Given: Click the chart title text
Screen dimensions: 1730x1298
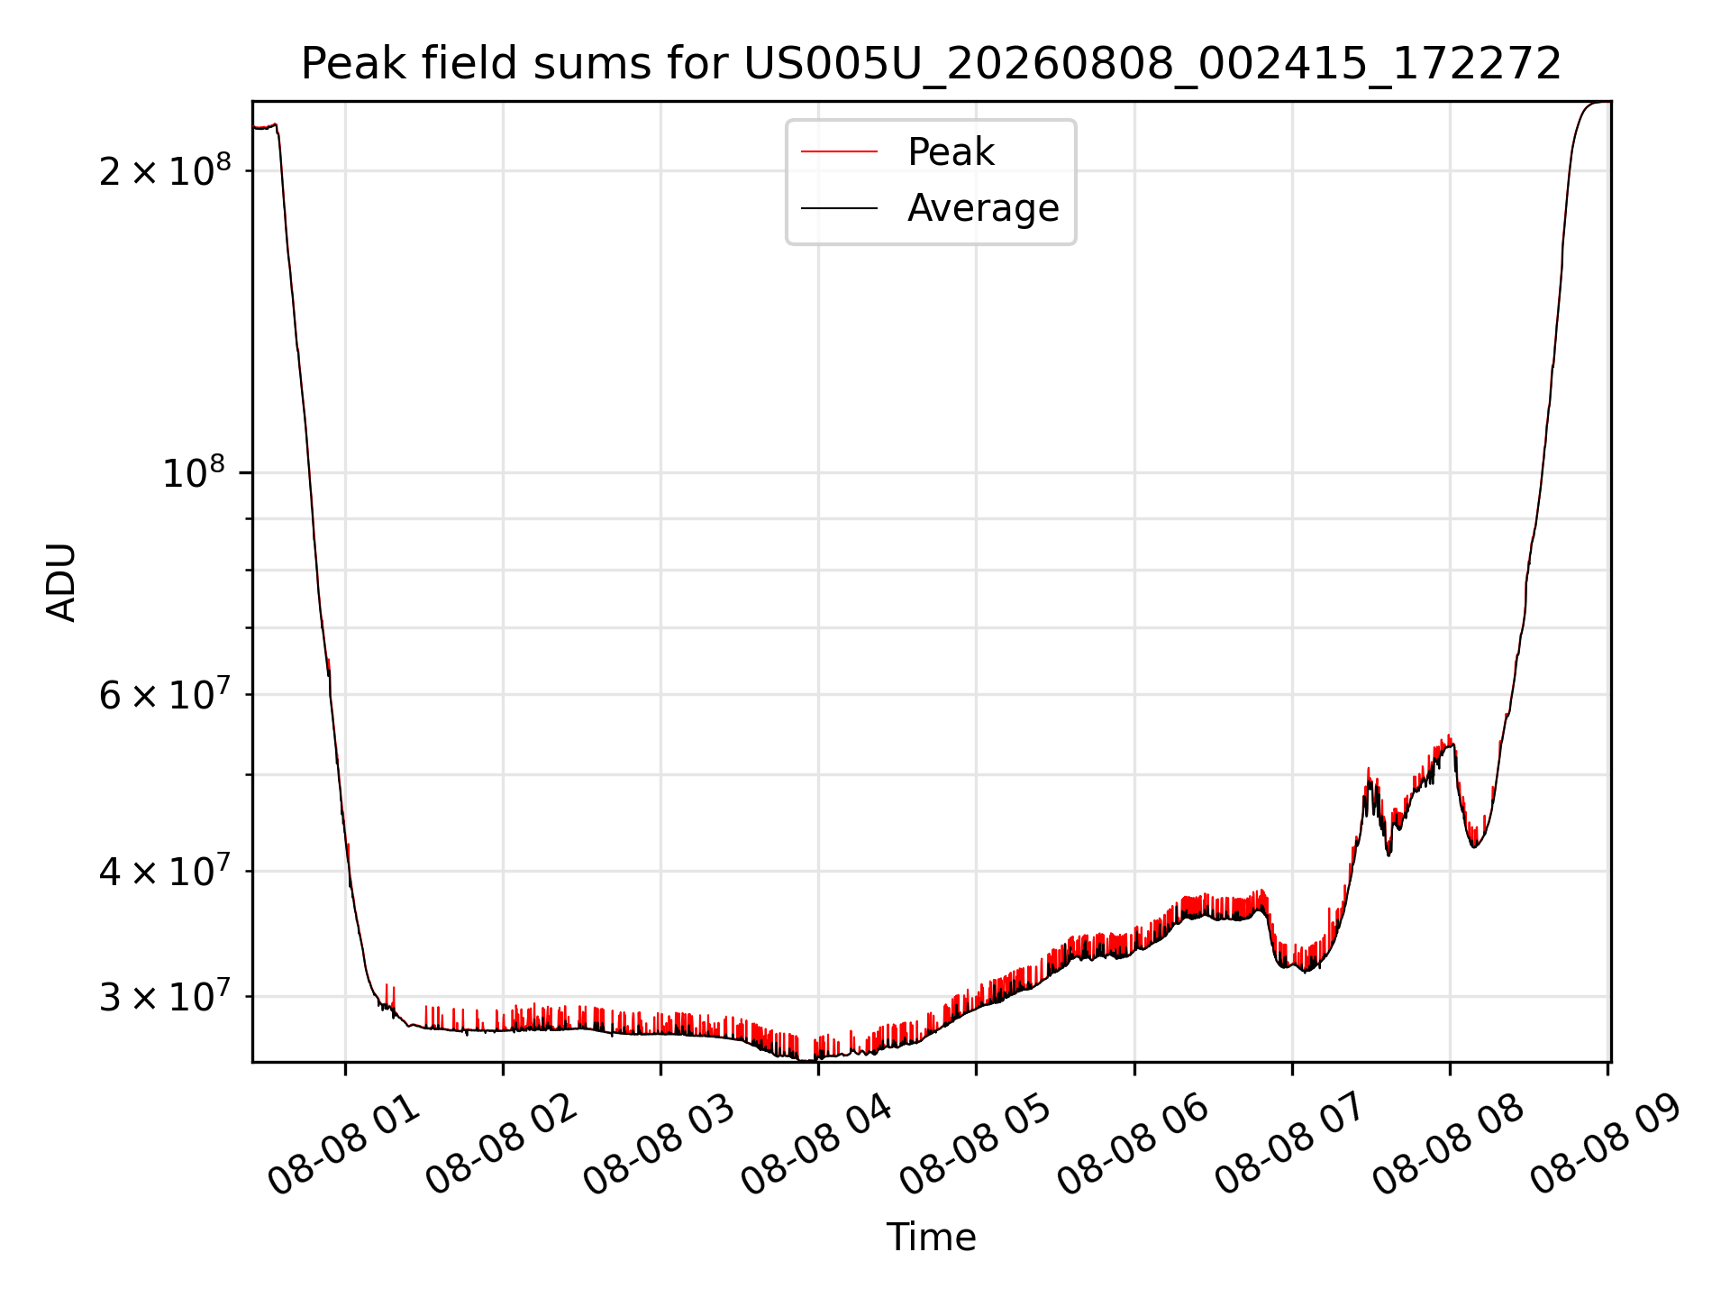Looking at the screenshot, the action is pos(931,64).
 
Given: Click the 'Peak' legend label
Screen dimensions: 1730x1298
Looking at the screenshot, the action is pos(951,151).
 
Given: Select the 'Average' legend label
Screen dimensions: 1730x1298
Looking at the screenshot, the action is pos(983,207).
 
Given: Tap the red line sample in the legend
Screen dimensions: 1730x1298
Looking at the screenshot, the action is pos(839,151).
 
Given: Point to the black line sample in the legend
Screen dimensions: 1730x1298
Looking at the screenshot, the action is pos(839,208).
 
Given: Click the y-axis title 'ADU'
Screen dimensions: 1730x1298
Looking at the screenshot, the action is pos(61,582).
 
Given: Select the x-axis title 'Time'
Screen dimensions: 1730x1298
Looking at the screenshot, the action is pos(931,1238).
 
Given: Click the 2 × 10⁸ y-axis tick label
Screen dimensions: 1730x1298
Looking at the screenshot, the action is pos(165,169).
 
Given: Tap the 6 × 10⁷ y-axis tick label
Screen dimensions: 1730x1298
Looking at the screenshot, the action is pos(165,694).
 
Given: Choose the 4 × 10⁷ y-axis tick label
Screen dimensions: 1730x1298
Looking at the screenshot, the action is pos(165,871).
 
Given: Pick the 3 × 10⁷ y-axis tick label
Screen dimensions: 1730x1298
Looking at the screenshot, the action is pos(165,996).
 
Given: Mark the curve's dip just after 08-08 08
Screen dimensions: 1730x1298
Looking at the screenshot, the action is pos(1474,846).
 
